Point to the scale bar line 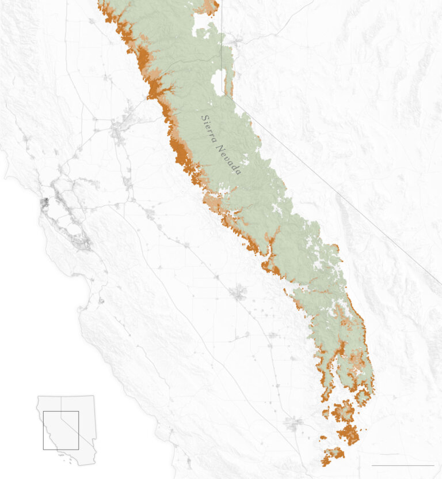[x=402, y=465]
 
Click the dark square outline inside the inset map [x=60, y=430]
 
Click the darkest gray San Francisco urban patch [x=44, y=202]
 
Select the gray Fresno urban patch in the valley [x=238, y=294]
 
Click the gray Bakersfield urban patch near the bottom [x=294, y=424]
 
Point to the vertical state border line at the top [x=222, y=35]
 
